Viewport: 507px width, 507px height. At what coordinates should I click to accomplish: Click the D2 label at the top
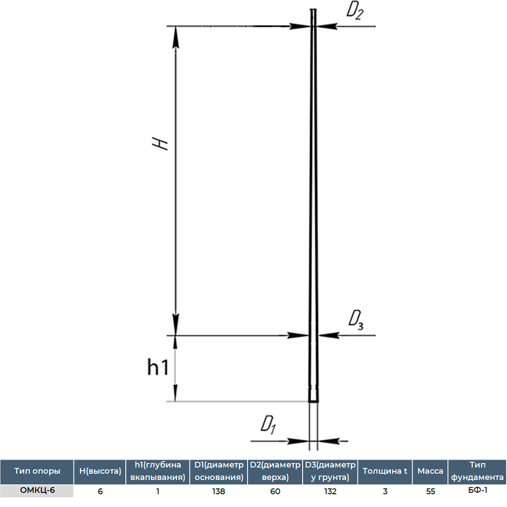(355, 11)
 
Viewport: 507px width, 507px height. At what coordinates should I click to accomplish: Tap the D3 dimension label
(356, 320)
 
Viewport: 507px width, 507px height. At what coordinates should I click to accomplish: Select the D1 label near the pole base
(268, 425)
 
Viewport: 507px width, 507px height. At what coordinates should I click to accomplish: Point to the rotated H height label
(160, 143)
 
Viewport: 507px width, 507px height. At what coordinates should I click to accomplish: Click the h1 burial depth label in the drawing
(158, 367)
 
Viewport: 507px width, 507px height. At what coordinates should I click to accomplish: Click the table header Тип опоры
(37, 471)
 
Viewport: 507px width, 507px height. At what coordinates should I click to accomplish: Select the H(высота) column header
(100, 471)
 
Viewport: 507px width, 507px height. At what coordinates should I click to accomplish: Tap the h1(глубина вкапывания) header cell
(158, 471)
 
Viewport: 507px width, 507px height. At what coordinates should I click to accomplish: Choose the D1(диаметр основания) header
(219, 471)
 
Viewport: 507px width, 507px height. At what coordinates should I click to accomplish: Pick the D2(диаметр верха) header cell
(275, 471)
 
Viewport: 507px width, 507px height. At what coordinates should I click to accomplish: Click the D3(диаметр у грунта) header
(330, 471)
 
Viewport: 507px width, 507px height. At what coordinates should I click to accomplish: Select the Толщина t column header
(385, 471)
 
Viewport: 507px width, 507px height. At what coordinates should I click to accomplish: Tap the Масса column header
(430, 471)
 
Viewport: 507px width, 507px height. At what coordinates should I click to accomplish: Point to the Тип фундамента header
(477, 471)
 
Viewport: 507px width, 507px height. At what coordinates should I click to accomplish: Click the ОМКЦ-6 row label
(37, 490)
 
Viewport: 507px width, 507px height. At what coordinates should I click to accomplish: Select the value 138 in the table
(219, 491)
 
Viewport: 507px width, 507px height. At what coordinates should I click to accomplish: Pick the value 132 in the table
(330, 491)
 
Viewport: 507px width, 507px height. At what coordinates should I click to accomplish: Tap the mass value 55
(430, 491)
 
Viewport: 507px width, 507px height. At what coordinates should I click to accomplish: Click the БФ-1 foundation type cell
(478, 490)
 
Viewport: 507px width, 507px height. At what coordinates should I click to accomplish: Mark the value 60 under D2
(275, 491)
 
